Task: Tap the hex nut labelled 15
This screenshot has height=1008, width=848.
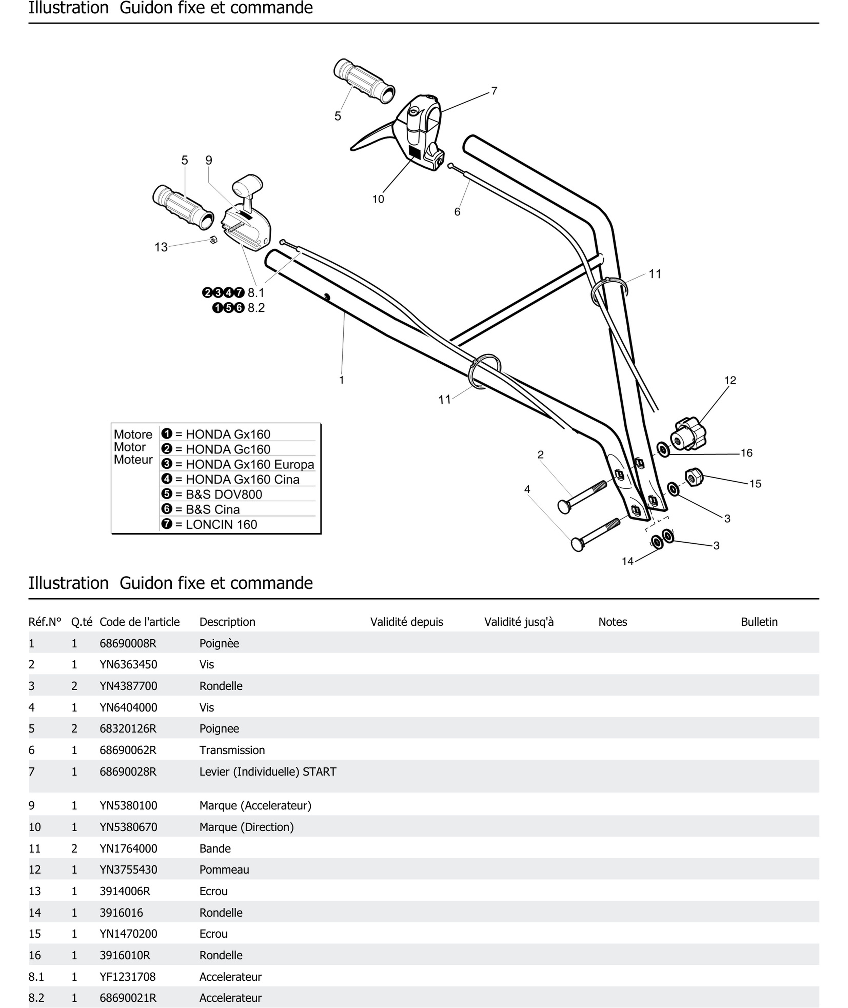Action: (x=693, y=477)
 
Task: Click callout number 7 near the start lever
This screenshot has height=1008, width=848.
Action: (x=494, y=91)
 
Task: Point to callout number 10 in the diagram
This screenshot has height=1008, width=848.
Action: (x=378, y=199)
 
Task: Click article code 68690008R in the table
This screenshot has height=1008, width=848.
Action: (x=128, y=643)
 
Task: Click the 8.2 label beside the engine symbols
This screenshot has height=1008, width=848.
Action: (x=256, y=308)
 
